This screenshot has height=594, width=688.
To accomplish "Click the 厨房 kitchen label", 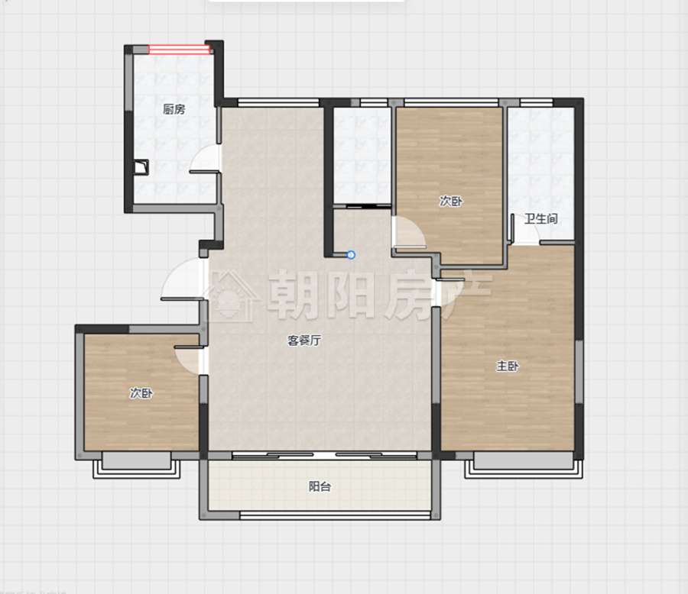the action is tap(174, 109).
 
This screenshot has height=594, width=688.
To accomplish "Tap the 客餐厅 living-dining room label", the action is tap(304, 341).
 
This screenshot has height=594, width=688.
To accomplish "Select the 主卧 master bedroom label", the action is tap(508, 366).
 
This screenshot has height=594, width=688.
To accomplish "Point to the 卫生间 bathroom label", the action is tap(541, 218).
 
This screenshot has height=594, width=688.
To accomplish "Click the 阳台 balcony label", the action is tap(320, 486).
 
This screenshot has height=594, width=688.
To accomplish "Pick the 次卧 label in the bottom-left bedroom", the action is tap(141, 392).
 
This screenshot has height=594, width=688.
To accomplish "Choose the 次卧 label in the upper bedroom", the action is tap(451, 202).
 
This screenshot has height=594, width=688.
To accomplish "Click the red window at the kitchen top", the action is tap(180, 50).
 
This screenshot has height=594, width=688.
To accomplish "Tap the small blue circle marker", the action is tap(351, 255).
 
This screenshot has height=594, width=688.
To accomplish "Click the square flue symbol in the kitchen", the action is tap(141, 167).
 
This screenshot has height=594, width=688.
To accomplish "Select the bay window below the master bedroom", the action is tap(524, 466).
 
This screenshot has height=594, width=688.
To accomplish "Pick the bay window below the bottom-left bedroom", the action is tap(137, 466).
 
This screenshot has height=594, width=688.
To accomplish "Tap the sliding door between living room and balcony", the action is tap(324, 455).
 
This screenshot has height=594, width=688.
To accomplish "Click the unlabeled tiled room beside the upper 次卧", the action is tap(362, 155).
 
